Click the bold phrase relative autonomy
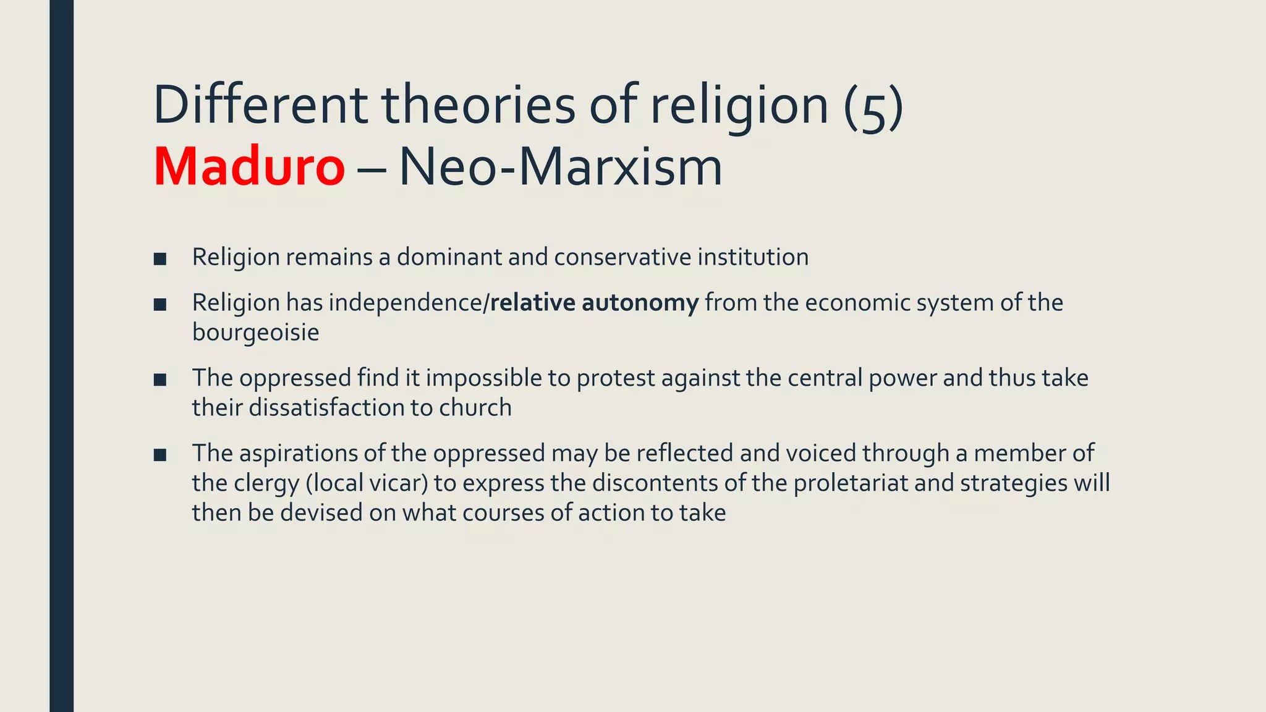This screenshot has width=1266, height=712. click(594, 303)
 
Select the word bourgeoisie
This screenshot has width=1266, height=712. click(255, 333)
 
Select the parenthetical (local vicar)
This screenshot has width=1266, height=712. click(367, 483)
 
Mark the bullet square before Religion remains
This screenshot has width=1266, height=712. click(160, 259)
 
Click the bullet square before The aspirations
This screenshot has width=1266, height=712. click(160, 456)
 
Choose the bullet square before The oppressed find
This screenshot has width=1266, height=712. click(160, 380)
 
